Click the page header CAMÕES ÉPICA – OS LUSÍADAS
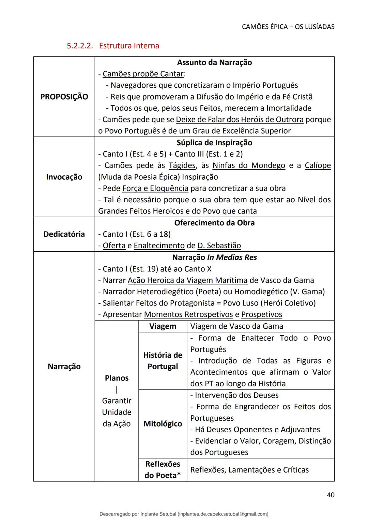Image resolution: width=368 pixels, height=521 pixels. pos(288,27)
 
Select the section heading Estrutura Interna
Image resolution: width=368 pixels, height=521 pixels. pos(129,46)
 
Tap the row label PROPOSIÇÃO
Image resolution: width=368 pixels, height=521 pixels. pos(64,97)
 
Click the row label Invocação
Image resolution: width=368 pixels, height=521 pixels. pos(64,177)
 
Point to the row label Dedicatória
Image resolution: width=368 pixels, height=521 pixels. pos(64,234)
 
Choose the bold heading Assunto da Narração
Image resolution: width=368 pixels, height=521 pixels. pos(214,62)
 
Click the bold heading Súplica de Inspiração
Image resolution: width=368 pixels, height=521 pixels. pos(214,143)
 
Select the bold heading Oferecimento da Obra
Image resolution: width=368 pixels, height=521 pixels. pos(214,223)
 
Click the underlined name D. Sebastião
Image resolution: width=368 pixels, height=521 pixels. pos(219,245)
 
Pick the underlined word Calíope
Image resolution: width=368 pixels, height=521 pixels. pos(318,165)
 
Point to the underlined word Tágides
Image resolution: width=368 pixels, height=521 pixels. pos(182,165)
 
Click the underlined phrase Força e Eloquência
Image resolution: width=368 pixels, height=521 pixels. pos(155,188)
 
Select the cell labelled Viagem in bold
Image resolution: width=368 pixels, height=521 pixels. pos(163,326)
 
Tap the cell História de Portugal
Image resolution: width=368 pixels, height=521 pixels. pos(163,361)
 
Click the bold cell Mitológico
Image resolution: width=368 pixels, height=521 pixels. pos(163,424)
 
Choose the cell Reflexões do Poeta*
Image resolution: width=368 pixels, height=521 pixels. pos(163,470)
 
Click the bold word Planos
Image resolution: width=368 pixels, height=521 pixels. pos(117,378)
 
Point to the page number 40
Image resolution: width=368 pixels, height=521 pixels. pos(330,495)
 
